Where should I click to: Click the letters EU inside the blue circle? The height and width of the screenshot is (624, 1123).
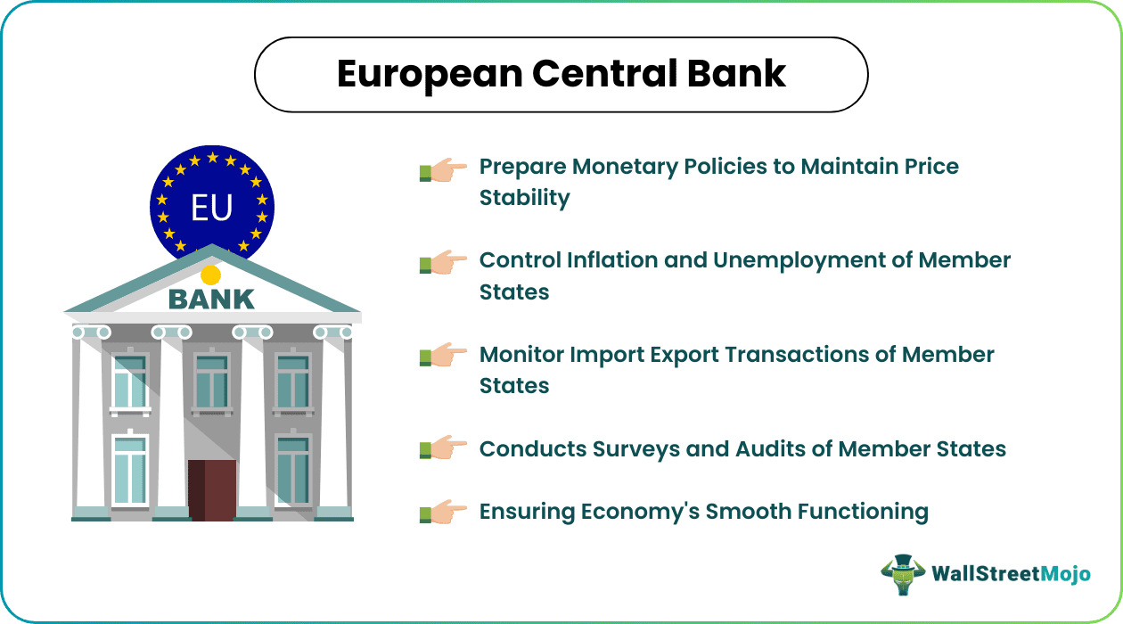click(211, 208)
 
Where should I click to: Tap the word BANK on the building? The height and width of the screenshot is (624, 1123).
click(211, 300)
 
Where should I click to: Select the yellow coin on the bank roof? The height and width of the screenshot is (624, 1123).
click(210, 275)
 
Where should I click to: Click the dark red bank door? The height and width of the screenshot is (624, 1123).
click(211, 489)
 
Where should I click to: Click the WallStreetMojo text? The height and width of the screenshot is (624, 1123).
click(1011, 574)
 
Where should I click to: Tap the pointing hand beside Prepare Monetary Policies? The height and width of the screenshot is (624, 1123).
click(443, 169)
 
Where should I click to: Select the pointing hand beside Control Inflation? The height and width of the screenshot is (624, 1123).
click(443, 263)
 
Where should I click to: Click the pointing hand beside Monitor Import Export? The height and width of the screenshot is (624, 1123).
click(443, 357)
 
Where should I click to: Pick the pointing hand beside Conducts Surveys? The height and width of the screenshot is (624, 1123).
click(443, 448)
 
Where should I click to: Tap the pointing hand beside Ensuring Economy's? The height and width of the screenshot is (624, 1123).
click(443, 512)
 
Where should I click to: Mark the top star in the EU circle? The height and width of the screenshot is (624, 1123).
click(212, 157)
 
